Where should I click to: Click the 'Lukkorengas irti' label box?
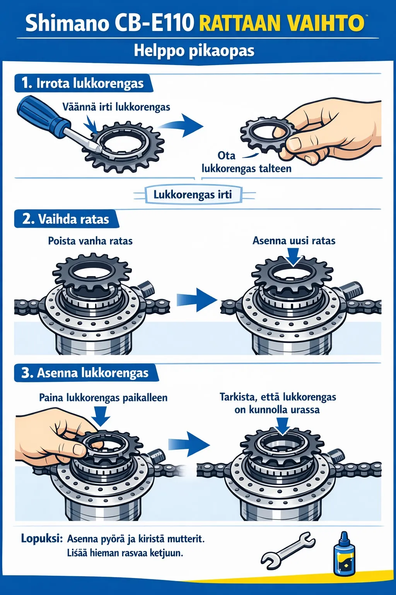click(x=193, y=194)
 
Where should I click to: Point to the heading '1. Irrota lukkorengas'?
click(x=83, y=83)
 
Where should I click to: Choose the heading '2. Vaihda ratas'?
click(x=66, y=219)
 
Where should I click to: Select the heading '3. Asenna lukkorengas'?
click(x=85, y=373)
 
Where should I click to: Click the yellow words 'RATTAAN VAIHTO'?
click(x=282, y=23)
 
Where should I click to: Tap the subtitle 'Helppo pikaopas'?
click(x=194, y=51)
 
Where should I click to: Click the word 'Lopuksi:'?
click(x=42, y=538)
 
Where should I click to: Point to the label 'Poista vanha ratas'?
click(x=90, y=241)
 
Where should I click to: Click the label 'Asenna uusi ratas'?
click(x=294, y=241)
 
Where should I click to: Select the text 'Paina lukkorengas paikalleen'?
click(x=103, y=398)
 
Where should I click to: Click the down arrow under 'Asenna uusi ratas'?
click(x=294, y=256)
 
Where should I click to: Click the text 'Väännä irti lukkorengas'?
click(x=116, y=107)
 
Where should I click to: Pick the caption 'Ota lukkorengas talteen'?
click(x=246, y=162)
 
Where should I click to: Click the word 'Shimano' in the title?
click(x=67, y=23)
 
